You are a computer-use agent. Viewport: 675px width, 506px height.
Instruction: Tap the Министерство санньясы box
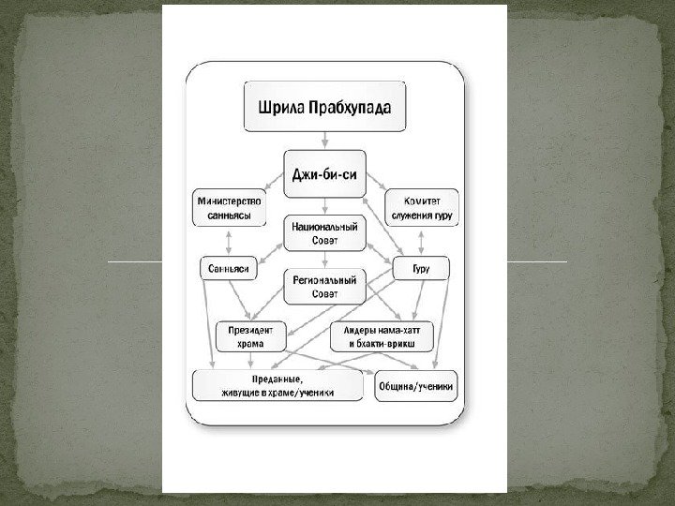click(229, 208)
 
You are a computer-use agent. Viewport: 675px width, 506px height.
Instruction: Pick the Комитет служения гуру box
click(422, 208)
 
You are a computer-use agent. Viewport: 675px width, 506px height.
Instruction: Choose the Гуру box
click(421, 269)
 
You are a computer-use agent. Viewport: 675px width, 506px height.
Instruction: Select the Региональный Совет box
click(324, 287)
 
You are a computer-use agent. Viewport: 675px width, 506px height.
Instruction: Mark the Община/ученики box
click(416, 386)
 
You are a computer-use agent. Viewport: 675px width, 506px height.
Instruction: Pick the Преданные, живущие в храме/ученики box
click(277, 386)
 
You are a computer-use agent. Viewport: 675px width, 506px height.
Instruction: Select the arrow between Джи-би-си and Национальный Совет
click(324, 204)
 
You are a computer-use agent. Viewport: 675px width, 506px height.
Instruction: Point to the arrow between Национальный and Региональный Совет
click(324, 260)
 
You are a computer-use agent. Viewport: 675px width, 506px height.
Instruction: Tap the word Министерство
click(229, 201)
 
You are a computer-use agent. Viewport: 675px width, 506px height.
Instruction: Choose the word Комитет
click(422, 201)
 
